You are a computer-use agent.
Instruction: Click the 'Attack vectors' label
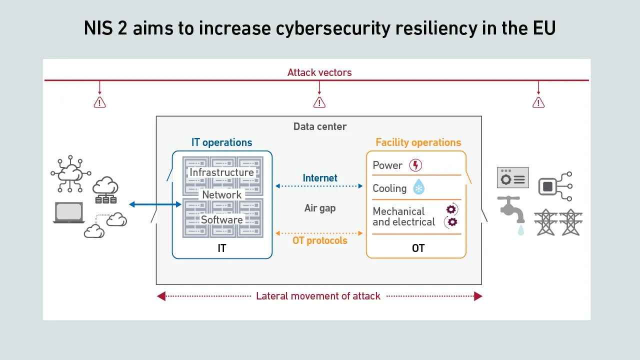tap(319, 72)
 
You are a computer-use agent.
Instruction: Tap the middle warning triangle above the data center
tap(319, 102)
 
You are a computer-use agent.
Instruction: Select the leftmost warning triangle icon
tap(100, 102)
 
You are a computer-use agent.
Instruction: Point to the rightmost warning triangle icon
tap(538, 102)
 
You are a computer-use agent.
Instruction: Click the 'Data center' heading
tap(320, 126)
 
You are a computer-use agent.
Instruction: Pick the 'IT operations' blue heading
tap(222, 142)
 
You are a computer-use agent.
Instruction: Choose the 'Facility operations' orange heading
tap(418, 142)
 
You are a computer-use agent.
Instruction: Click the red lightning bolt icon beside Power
tap(415, 165)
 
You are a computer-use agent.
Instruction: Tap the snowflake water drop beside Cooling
tap(418, 188)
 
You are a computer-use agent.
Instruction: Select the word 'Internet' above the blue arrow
tap(320, 178)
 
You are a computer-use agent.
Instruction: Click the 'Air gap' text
tap(320, 208)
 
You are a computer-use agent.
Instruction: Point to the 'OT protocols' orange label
tap(320, 240)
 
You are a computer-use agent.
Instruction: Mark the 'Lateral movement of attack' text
tap(318, 296)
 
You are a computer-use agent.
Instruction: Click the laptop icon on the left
tap(68, 212)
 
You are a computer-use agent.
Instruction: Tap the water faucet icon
tap(510, 211)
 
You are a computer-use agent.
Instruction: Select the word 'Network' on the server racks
tap(222, 194)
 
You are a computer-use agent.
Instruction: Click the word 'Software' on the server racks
tap(222, 219)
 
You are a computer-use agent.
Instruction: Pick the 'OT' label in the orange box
tap(418, 248)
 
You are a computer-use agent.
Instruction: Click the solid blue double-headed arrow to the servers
tap(155, 204)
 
